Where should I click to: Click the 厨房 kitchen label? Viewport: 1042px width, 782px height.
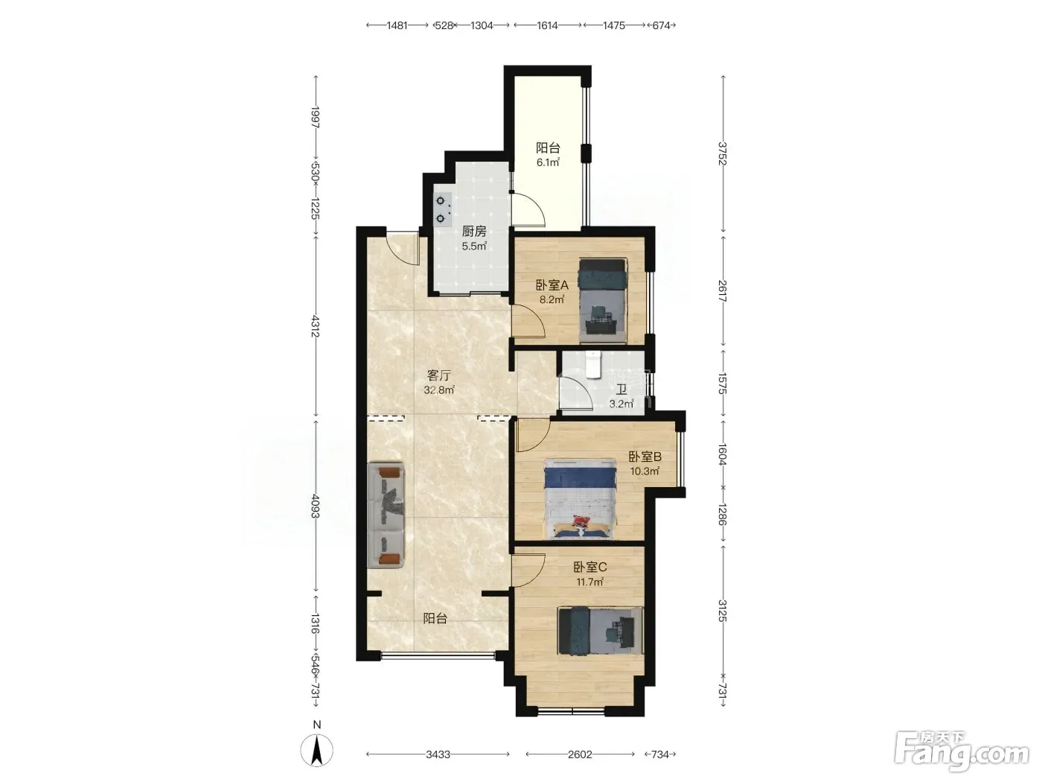[x=474, y=231]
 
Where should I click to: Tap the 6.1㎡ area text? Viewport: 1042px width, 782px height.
[x=548, y=162]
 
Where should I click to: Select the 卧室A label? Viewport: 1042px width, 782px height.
[x=552, y=285]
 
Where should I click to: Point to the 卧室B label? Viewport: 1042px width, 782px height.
[x=645, y=457]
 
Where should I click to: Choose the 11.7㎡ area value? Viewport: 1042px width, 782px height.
[x=589, y=582]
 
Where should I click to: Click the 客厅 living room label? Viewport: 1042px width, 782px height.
[x=438, y=375]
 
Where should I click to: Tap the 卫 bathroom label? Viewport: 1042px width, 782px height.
[x=621, y=390]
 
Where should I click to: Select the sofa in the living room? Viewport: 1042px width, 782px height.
[x=386, y=515]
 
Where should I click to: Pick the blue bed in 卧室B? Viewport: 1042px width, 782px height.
[x=580, y=498]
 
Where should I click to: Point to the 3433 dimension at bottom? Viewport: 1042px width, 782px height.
[x=438, y=754]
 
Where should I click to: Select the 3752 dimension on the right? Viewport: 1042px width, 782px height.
[x=723, y=153]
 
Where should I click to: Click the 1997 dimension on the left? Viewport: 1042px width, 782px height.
[x=316, y=117]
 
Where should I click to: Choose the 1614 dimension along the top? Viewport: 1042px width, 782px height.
[x=547, y=25]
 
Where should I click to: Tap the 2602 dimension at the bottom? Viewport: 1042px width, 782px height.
[x=580, y=754]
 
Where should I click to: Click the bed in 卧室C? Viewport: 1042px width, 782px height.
[x=601, y=631]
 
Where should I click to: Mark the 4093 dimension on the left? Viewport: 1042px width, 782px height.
[x=316, y=506]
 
